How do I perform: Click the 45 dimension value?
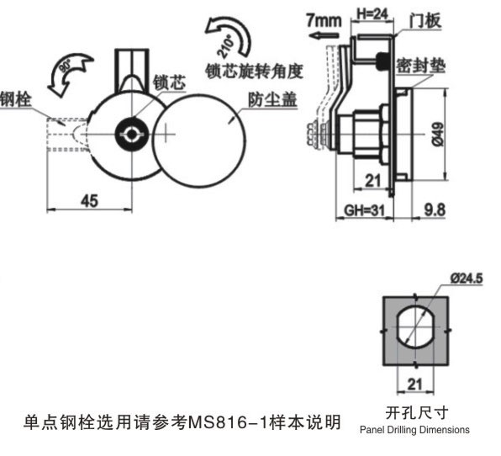(89, 201)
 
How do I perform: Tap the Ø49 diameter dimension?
(438, 134)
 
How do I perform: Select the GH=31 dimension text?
(364, 210)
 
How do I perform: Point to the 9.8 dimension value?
(435, 210)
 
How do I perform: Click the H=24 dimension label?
(372, 14)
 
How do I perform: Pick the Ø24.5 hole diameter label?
(467, 278)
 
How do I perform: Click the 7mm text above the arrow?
(324, 20)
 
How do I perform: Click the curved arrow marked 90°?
(68, 72)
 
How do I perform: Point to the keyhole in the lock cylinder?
(132, 135)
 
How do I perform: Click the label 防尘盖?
(272, 99)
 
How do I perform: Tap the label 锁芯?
(169, 82)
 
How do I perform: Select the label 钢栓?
(14, 98)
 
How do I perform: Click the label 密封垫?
(420, 66)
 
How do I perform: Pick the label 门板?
(425, 21)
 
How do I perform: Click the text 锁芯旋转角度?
(254, 71)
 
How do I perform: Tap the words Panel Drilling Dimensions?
(414, 429)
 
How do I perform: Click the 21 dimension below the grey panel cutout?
(414, 384)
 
